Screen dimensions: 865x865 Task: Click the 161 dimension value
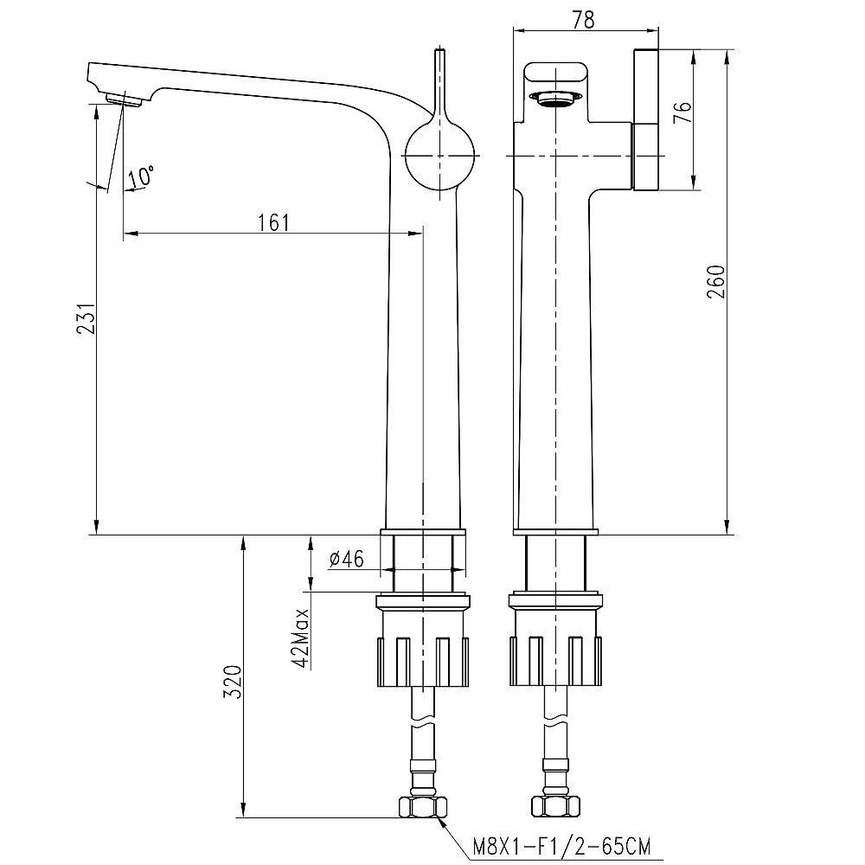click(x=273, y=221)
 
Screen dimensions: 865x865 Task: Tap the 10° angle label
click(x=141, y=177)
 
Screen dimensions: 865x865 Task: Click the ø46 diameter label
click(x=346, y=560)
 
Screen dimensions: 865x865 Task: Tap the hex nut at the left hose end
click(x=422, y=807)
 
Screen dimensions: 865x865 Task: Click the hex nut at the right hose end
click(x=554, y=807)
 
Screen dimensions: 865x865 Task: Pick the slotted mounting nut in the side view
click(x=423, y=662)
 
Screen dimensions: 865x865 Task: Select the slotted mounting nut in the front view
click(x=554, y=662)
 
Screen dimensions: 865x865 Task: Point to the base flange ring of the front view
click(x=554, y=530)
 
